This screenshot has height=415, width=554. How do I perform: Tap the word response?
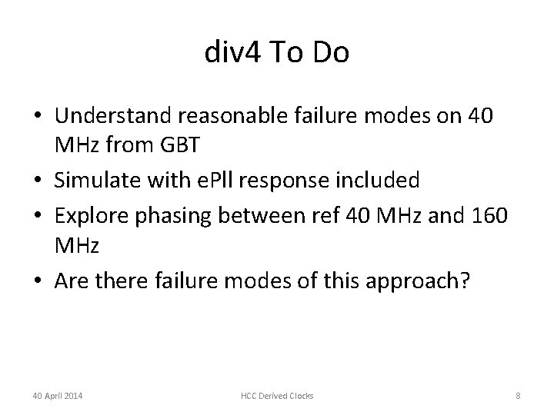(x=302, y=181)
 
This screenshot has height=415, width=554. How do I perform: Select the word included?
(x=382, y=180)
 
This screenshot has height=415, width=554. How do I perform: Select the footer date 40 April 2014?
(x=58, y=396)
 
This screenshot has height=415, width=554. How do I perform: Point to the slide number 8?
(x=519, y=396)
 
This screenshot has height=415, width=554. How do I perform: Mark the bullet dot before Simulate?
(x=38, y=181)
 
